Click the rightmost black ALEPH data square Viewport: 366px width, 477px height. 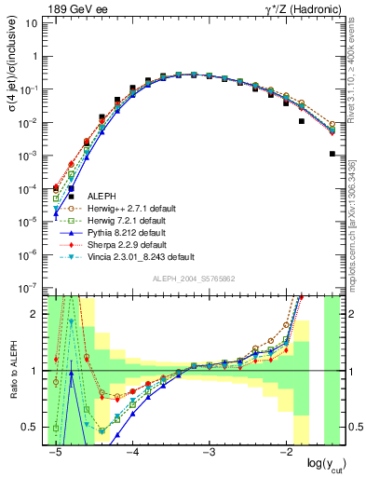tap(332, 154)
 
